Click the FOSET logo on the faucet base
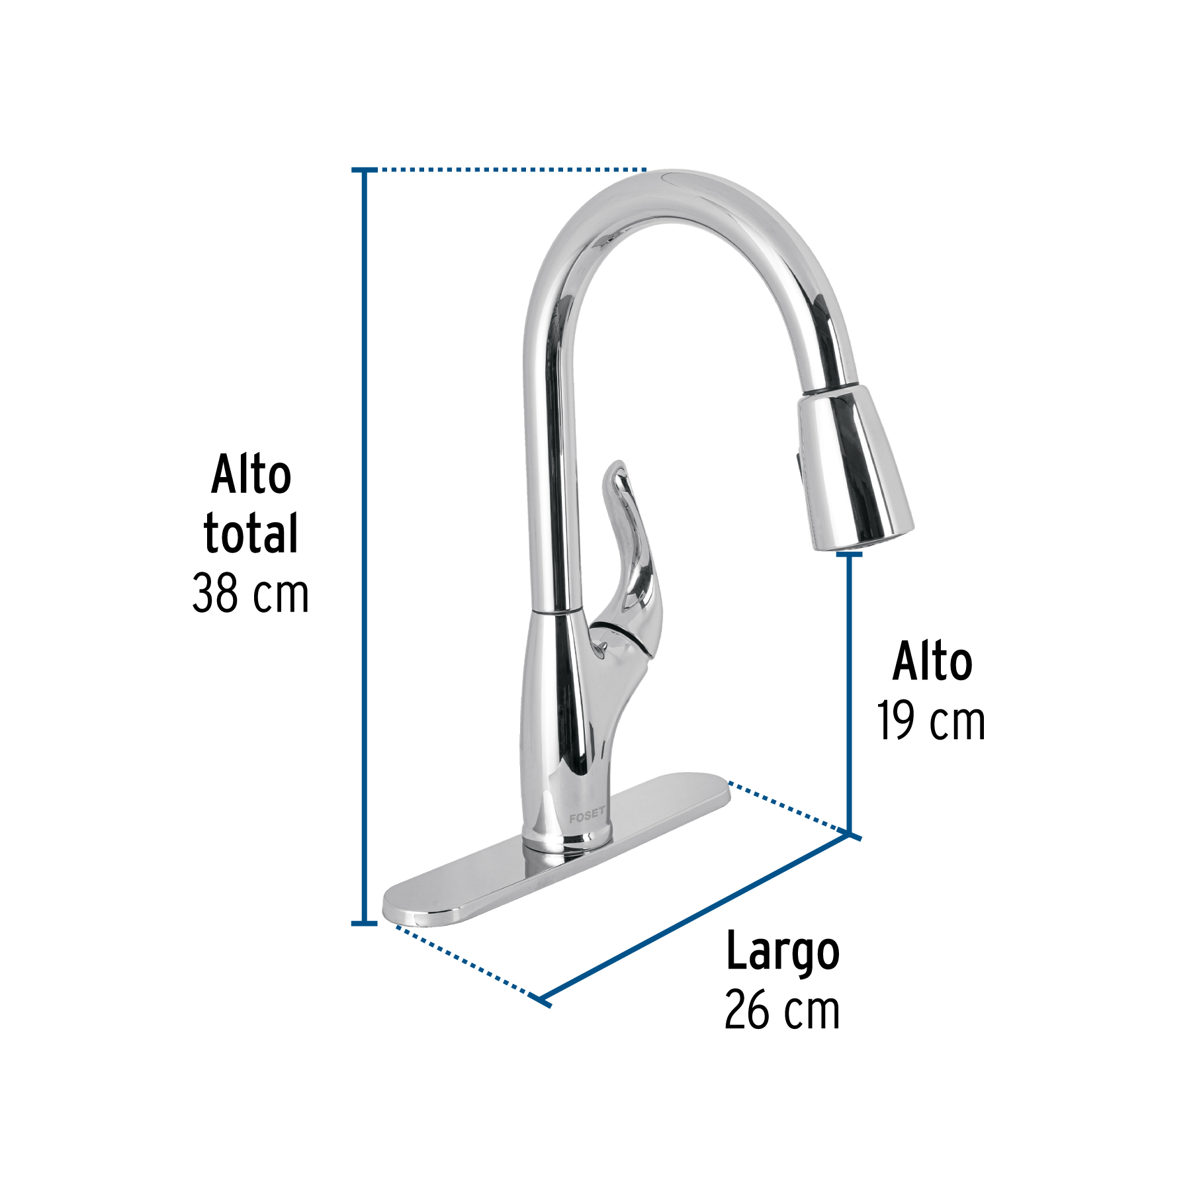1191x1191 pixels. pyautogui.click(x=586, y=815)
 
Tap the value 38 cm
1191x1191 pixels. pyautogui.click(x=250, y=593)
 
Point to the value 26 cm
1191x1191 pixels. pyautogui.click(x=782, y=1010)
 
